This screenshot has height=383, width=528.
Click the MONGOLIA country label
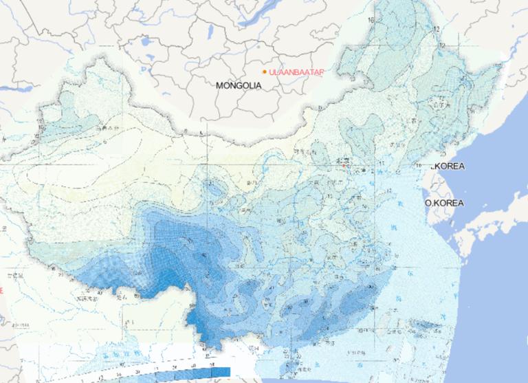239,86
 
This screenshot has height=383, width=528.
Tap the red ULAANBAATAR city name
297,72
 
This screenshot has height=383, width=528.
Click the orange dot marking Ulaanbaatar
265,71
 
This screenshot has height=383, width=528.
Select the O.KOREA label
444,204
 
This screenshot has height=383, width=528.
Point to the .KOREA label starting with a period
448,166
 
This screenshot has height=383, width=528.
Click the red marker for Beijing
343,165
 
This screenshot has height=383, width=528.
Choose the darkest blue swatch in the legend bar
221,372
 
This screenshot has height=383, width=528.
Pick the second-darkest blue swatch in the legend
206,372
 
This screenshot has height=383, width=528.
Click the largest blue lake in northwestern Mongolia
146,42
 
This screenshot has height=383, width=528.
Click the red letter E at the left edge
2,291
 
